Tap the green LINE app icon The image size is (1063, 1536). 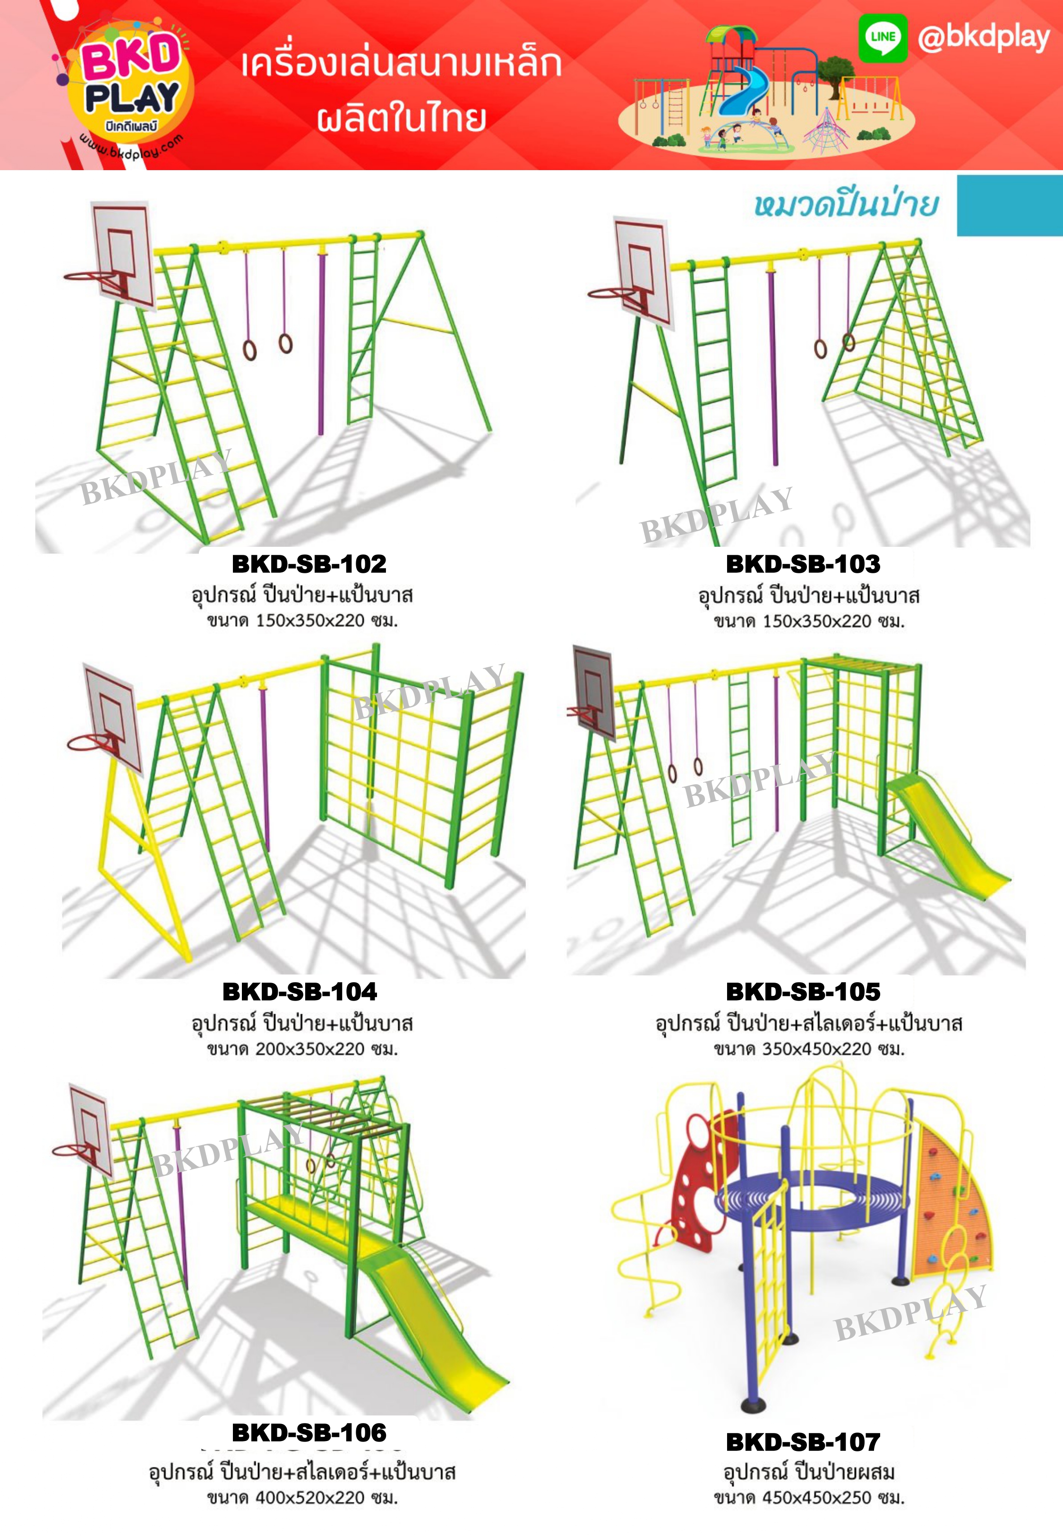883,38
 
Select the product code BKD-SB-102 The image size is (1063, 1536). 309,564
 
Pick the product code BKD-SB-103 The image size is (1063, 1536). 803,564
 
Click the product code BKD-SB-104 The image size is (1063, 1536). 300,992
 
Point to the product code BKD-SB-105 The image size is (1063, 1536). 803,992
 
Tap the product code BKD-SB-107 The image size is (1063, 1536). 803,1442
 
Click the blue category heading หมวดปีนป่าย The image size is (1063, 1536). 846,205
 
